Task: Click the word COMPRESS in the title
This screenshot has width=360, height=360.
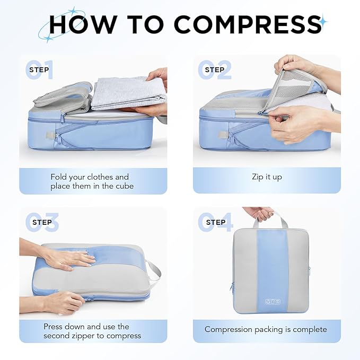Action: [248, 24]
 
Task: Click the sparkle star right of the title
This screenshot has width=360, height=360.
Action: [323, 22]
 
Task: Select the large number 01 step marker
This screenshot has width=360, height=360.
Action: [40, 70]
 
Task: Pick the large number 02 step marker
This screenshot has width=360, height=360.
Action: [215, 70]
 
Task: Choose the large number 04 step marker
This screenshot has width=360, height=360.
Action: [215, 223]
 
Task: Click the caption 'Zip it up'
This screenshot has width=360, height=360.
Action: [267, 177]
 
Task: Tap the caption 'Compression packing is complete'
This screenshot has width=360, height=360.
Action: [266, 329]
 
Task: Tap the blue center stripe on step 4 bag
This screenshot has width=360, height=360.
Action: [272, 265]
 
